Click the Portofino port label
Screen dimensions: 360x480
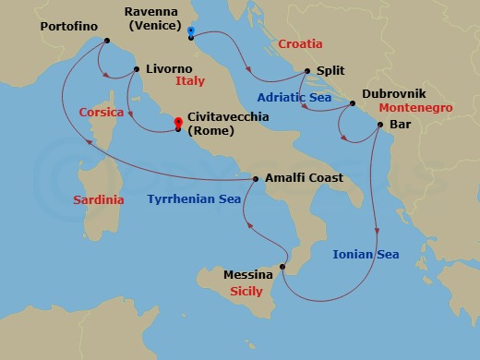pos(70,27)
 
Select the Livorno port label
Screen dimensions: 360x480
pos(169,68)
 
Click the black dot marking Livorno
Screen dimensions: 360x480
pos(137,69)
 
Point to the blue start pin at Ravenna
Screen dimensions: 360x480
pos(189,30)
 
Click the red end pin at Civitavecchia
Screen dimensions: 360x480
pos(178,123)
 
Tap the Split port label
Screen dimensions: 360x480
pos(331,70)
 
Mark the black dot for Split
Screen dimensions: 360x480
pos(307,70)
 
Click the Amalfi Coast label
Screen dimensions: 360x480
pos(304,178)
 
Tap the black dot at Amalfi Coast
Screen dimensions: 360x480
pos(256,179)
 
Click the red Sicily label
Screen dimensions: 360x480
pos(245,291)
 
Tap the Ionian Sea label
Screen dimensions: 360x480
pos(366,254)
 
